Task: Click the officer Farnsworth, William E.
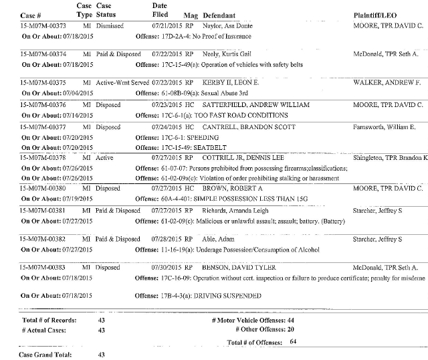385,126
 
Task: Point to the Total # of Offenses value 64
293,342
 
